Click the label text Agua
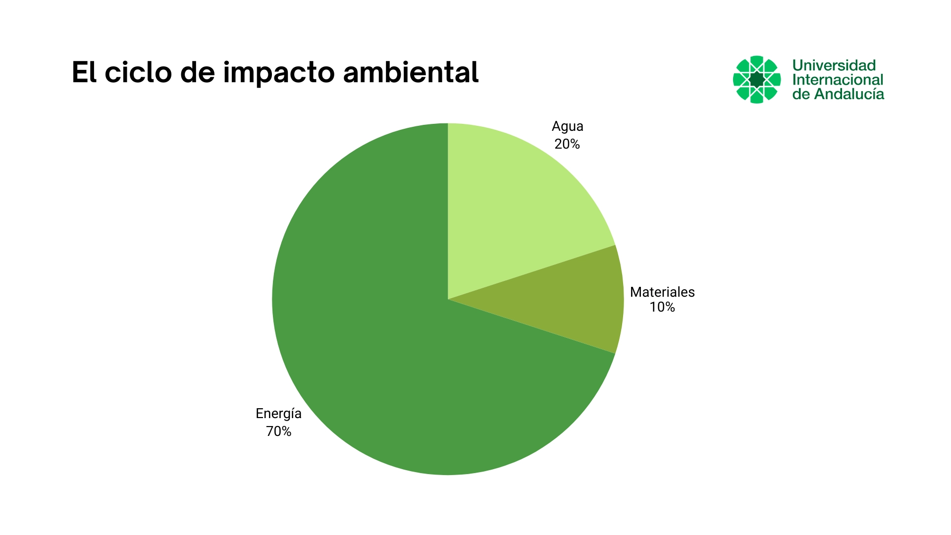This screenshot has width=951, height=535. (x=567, y=126)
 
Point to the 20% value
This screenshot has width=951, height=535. (x=567, y=144)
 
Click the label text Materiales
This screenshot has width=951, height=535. (x=662, y=292)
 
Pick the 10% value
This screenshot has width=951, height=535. (x=662, y=307)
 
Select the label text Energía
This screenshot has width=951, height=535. (x=278, y=414)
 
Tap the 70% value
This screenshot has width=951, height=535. (x=278, y=431)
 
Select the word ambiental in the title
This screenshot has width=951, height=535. (x=411, y=72)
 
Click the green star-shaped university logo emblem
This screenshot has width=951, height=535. (x=756, y=79)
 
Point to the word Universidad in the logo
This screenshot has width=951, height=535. (x=834, y=65)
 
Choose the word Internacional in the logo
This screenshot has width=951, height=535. (x=838, y=80)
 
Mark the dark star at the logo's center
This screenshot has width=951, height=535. (x=756, y=79)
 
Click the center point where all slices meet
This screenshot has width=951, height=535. (x=448, y=299)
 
